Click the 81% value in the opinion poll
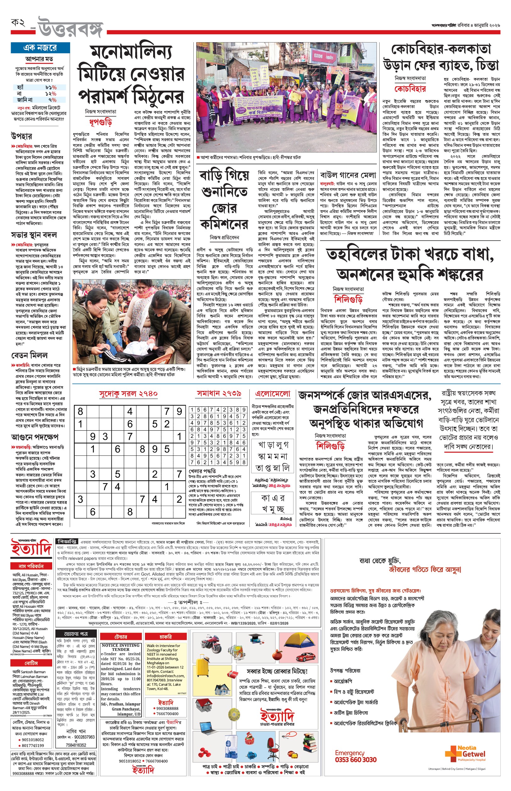tap(51, 87)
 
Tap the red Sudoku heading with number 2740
tap(128, 393)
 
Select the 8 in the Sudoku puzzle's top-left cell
tap(80, 411)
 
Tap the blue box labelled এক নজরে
tap(40, 48)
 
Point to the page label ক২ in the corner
tap(18, 23)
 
